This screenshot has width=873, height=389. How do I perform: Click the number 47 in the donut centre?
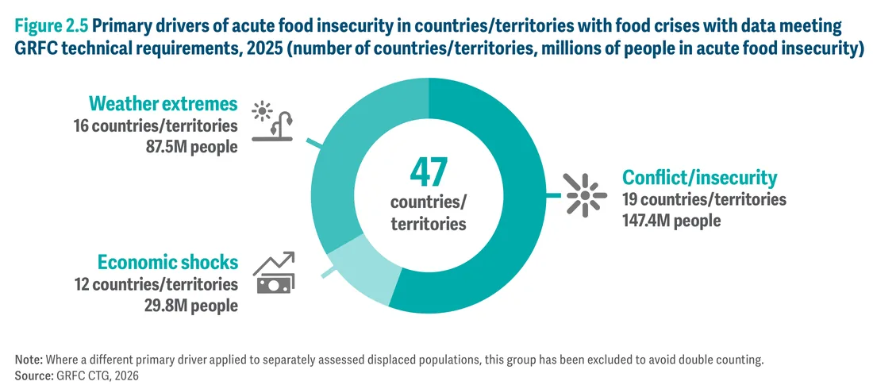428,173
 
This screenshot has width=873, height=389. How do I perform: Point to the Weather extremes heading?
163,104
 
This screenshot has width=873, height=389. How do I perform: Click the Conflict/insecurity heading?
699,178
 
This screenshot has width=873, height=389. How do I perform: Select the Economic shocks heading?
168,263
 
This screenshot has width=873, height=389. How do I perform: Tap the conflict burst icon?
585,194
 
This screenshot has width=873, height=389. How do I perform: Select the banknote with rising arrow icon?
274,272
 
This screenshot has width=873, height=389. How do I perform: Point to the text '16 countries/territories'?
156,126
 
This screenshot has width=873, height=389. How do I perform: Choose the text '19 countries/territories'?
704,199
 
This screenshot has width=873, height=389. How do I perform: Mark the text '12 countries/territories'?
156,284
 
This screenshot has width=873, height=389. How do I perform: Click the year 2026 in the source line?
126,376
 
